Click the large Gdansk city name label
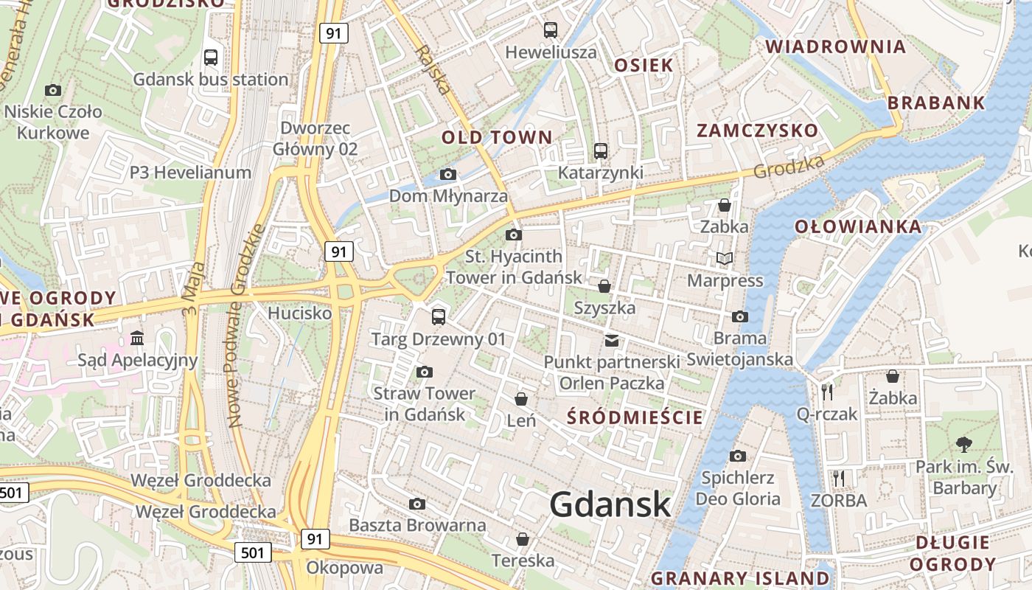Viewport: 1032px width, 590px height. (x=610, y=505)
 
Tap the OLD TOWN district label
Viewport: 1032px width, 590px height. (x=496, y=137)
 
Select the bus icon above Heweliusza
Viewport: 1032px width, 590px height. (x=551, y=30)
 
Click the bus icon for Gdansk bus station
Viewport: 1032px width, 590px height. (x=211, y=57)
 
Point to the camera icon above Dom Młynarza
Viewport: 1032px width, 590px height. (x=447, y=175)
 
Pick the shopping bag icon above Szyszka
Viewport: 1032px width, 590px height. (x=604, y=286)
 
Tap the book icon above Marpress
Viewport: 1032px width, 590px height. (x=725, y=259)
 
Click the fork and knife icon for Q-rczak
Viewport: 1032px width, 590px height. (x=827, y=392)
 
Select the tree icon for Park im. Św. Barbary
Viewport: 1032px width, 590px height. (x=963, y=444)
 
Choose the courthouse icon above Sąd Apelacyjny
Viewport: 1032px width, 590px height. (x=137, y=339)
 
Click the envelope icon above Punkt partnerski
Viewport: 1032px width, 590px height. (x=611, y=340)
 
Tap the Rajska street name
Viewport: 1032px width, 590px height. (x=432, y=70)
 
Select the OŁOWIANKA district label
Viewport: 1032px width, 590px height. (x=858, y=226)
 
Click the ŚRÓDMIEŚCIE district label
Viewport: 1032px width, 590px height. (x=635, y=417)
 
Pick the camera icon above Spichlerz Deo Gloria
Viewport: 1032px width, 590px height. (x=738, y=456)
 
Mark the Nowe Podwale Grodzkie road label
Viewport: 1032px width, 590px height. (x=246, y=324)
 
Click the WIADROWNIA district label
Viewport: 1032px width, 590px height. (x=835, y=47)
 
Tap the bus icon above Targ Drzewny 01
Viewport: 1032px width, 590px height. (x=439, y=317)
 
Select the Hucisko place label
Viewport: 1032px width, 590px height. (x=299, y=313)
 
